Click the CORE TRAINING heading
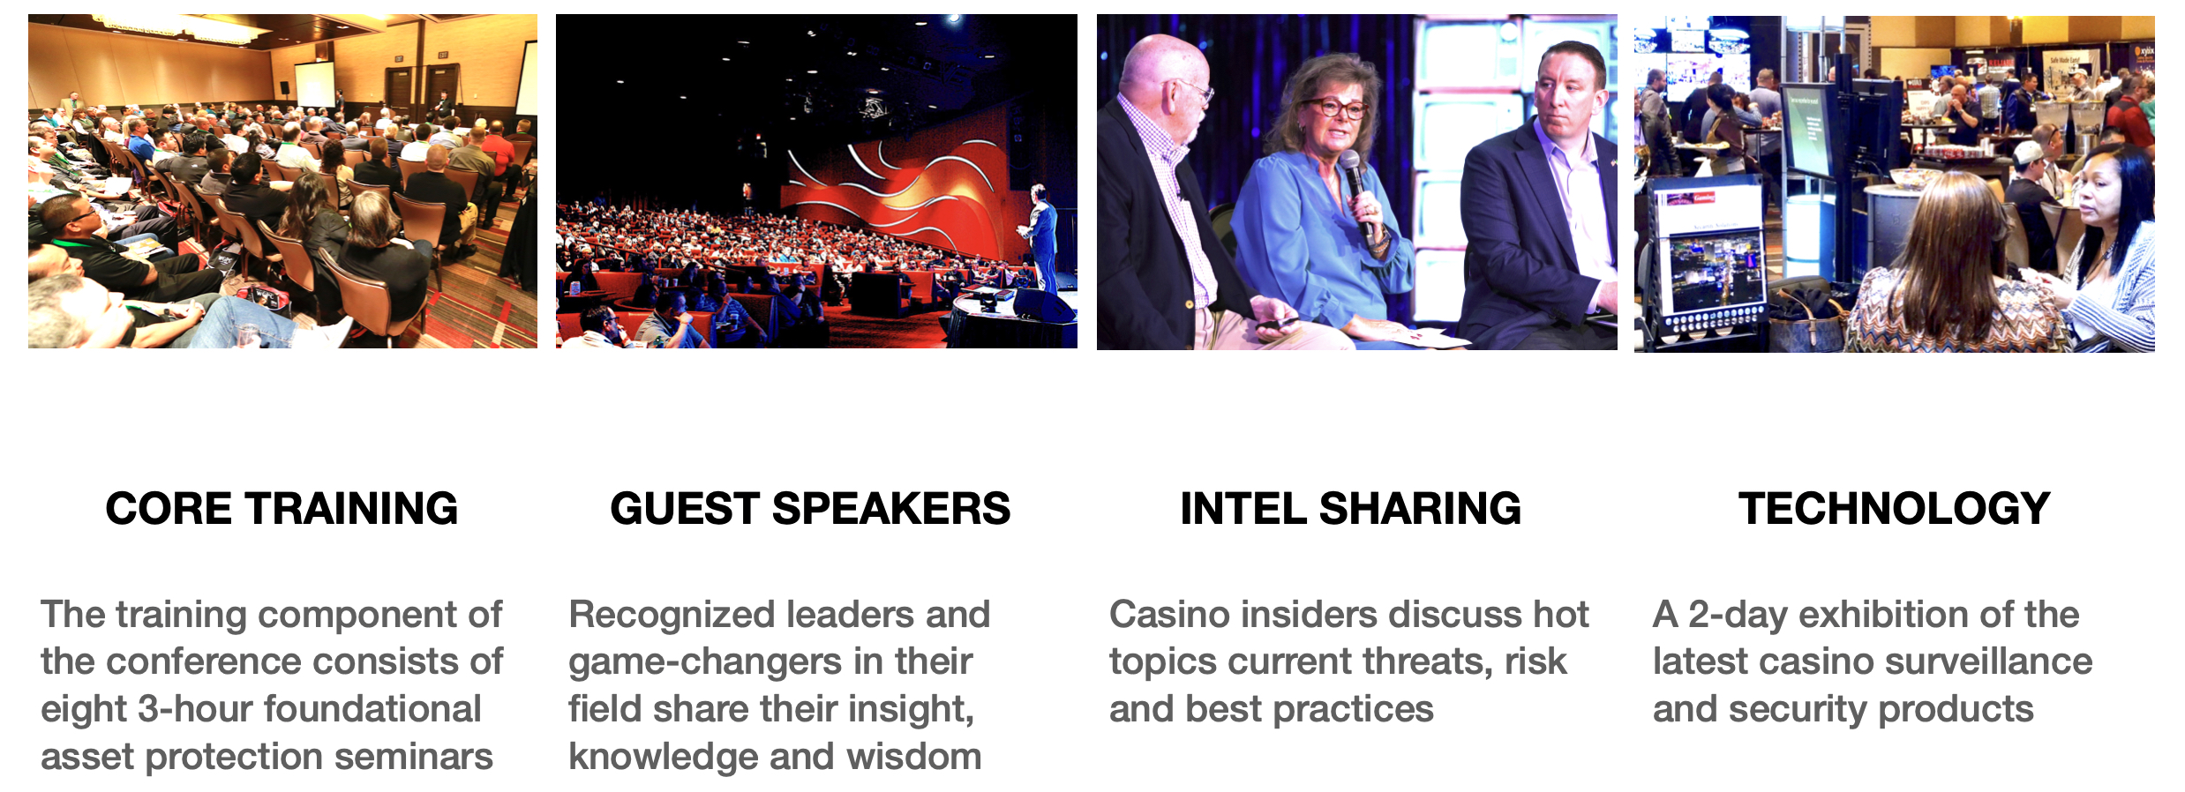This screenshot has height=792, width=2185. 282,509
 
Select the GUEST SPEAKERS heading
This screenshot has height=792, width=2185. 810,509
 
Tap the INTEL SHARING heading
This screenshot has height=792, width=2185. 1350,509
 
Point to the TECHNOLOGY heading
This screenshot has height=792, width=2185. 1894,509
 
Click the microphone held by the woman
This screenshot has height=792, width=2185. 1357,191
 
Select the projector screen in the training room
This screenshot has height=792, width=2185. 315,86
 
